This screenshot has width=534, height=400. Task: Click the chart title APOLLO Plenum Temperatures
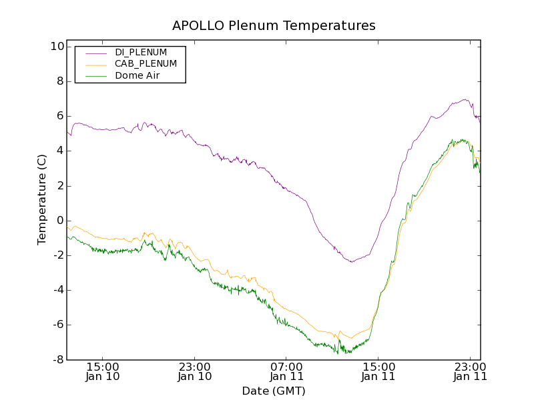[274, 26]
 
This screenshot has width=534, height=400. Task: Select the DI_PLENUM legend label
[141, 52]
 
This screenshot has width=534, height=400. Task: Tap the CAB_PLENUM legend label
[146, 64]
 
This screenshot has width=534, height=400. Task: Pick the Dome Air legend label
[137, 76]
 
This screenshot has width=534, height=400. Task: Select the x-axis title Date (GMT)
[274, 391]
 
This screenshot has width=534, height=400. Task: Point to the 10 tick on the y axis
[56, 47]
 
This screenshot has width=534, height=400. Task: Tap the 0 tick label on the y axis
[59, 221]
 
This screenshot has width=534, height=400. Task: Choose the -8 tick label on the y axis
[57, 360]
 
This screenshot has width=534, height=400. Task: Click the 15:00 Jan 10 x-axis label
[103, 371]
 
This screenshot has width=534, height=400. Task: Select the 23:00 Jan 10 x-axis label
[195, 371]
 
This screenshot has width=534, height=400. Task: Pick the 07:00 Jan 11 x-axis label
[286, 371]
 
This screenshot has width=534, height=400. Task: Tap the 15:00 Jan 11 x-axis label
[378, 371]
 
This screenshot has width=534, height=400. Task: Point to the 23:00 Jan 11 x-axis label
[470, 371]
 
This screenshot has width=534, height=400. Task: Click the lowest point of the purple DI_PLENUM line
[352, 262]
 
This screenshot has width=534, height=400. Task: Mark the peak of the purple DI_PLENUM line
[465, 100]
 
